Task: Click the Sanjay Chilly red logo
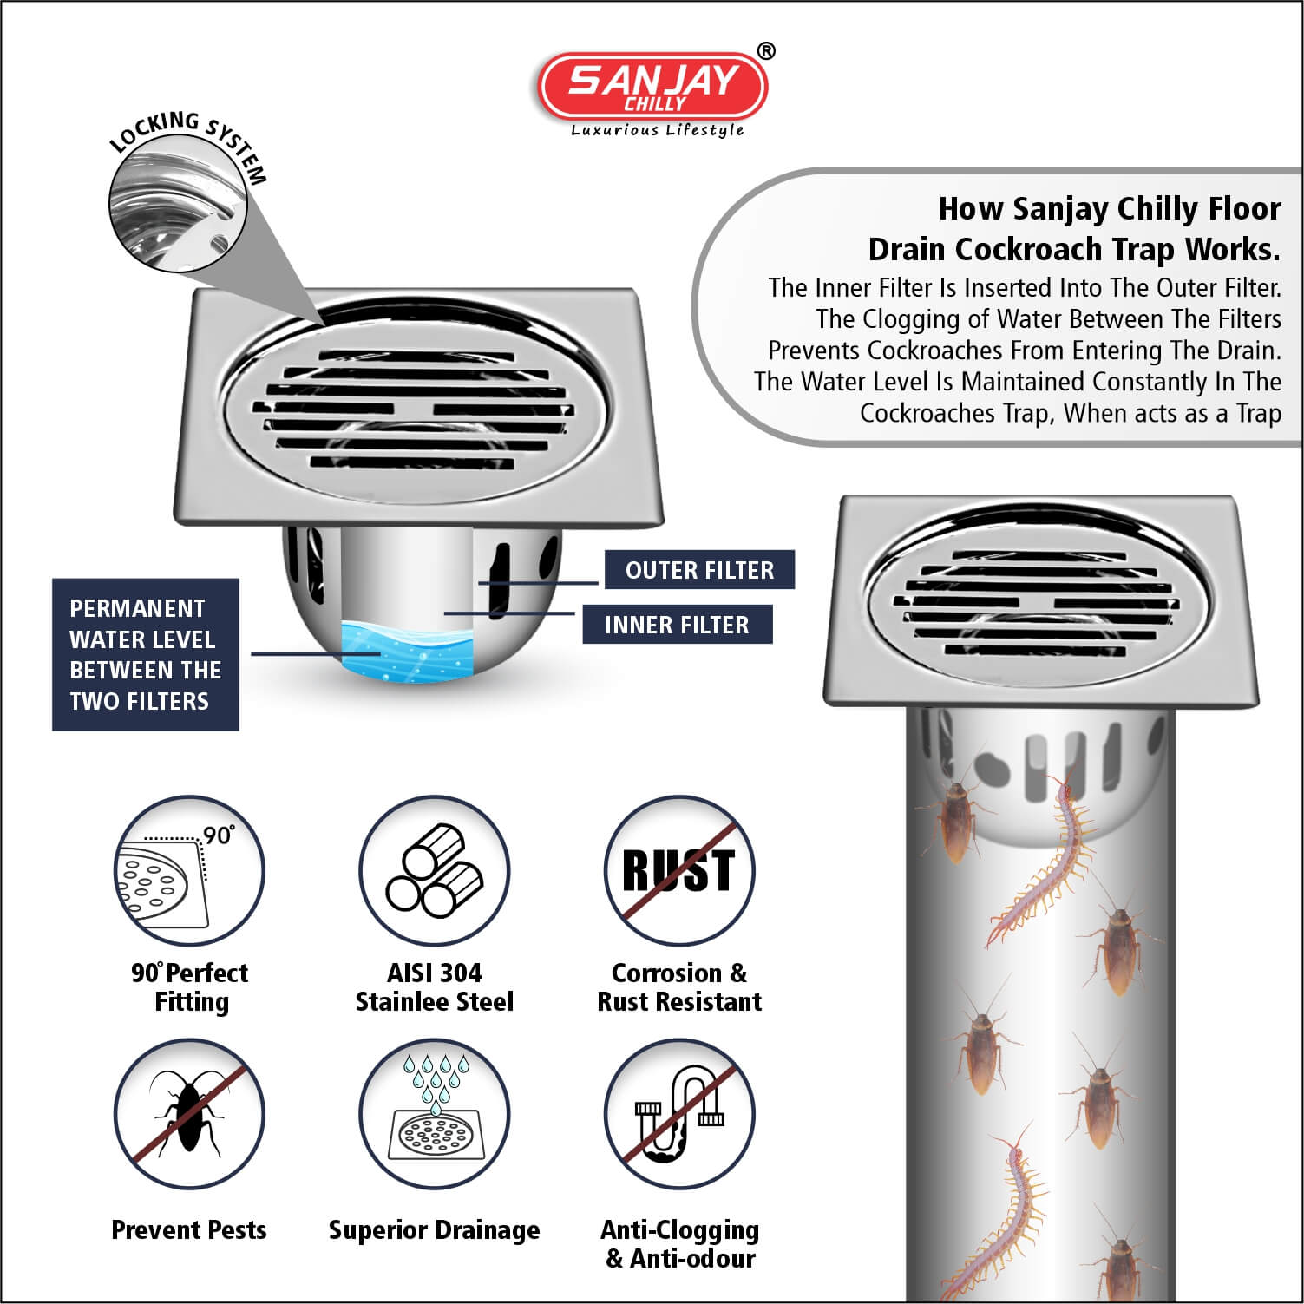pyautogui.click(x=653, y=87)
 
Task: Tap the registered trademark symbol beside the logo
pyautogui.click(x=766, y=52)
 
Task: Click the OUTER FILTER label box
pyautogui.click(x=699, y=570)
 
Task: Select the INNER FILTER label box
pyautogui.click(x=677, y=625)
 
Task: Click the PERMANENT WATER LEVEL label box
pyautogui.click(x=145, y=654)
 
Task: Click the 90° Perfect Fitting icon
pyautogui.click(x=189, y=871)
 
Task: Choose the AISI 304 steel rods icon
pyautogui.click(x=434, y=871)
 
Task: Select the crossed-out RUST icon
pyautogui.click(x=679, y=871)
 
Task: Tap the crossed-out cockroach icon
pyautogui.click(x=189, y=1114)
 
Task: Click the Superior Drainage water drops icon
pyautogui.click(x=434, y=1114)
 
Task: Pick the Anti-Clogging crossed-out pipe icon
pyautogui.click(x=679, y=1114)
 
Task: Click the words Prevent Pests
pyautogui.click(x=189, y=1229)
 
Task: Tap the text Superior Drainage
pyautogui.click(x=434, y=1230)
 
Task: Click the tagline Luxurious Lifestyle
pyautogui.click(x=657, y=130)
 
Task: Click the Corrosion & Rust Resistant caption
pyautogui.click(x=679, y=987)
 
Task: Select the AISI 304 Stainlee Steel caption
pyautogui.click(x=434, y=987)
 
